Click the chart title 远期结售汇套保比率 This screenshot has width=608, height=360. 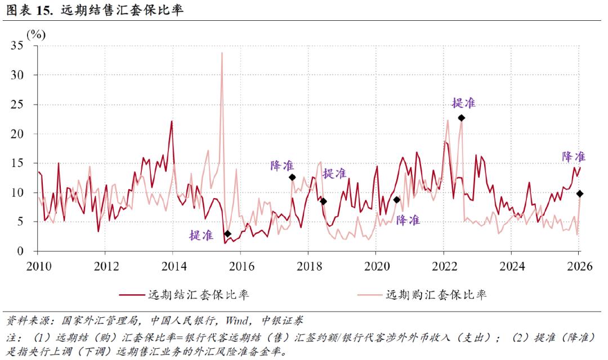122,11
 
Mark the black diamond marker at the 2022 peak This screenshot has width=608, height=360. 461,118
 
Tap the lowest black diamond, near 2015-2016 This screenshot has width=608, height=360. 227,233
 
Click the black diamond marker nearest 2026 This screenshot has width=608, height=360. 580,193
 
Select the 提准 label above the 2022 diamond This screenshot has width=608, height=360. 463,102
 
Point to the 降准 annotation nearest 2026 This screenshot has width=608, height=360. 574,157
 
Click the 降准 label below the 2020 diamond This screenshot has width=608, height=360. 408,220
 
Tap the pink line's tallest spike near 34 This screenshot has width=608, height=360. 222,53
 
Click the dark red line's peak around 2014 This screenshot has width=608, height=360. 172,121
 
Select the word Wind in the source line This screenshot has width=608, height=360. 239,321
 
